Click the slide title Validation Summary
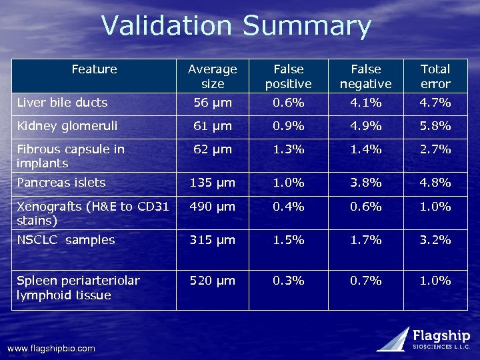(236, 26)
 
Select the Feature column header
(94, 69)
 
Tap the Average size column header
(212, 76)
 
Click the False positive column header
(289, 76)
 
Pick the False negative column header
(366, 76)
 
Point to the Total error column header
(435, 76)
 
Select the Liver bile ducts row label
(62, 103)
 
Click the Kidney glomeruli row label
(67, 125)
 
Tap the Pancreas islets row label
(61, 182)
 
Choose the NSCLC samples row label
(66, 239)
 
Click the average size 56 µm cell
(212, 103)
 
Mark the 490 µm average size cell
(212, 207)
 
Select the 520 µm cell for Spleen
(212, 281)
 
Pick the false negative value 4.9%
(366, 125)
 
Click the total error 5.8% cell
(435, 125)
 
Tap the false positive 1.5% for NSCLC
(289, 239)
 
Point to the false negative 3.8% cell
(366, 182)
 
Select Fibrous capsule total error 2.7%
(435, 149)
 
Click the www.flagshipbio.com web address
(51, 348)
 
